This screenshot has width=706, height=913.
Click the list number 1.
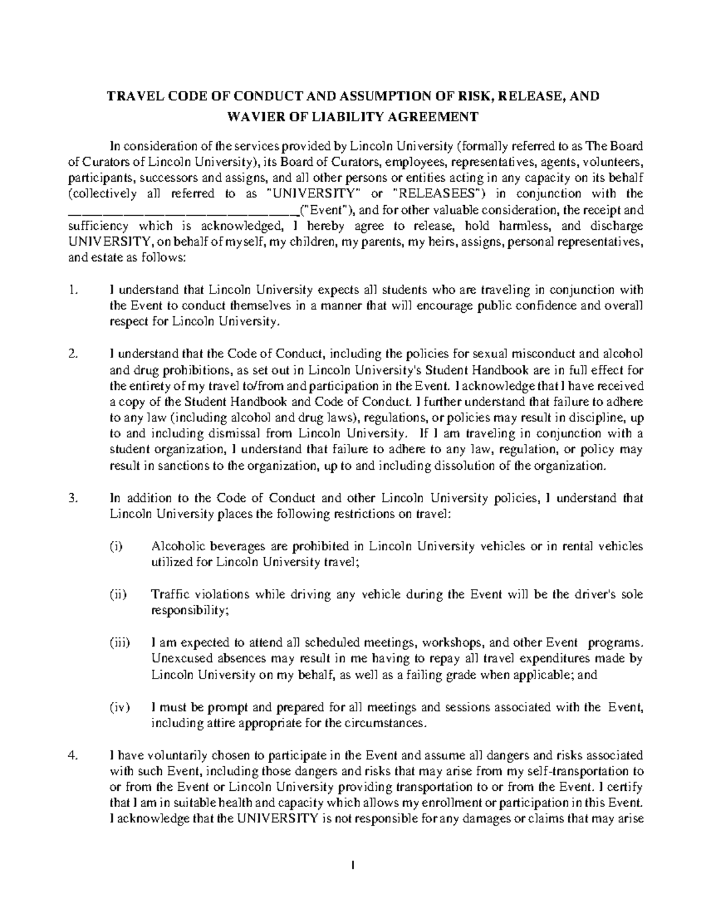[74, 290]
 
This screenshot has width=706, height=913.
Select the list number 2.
[74, 354]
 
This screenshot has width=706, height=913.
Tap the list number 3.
[74, 498]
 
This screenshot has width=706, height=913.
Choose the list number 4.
[74, 755]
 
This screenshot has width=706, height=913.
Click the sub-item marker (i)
[116, 546]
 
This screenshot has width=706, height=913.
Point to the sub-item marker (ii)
[118, 594]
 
